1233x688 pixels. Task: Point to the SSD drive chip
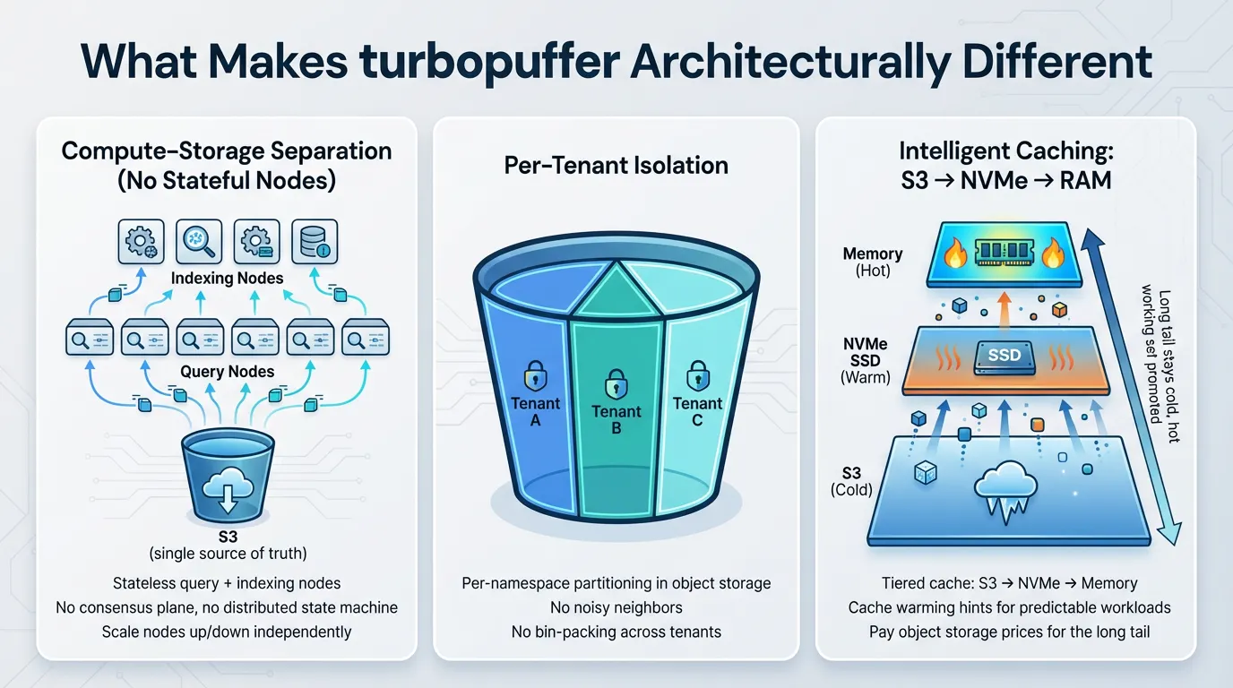[x=1004, y=356]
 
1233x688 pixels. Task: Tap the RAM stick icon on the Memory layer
[x=1004, y=254]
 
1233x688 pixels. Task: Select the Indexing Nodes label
[x=227, y=279]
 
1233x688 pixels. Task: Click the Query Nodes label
[x=227, y=372]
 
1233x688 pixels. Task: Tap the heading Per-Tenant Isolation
[x=616, y=165]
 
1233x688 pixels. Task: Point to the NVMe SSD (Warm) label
[x=866, y=360]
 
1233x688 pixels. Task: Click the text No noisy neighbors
[x=616, y=607]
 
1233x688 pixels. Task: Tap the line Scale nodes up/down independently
[x=227, y=632]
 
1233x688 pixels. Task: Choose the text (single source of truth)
[x=227, y=554]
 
